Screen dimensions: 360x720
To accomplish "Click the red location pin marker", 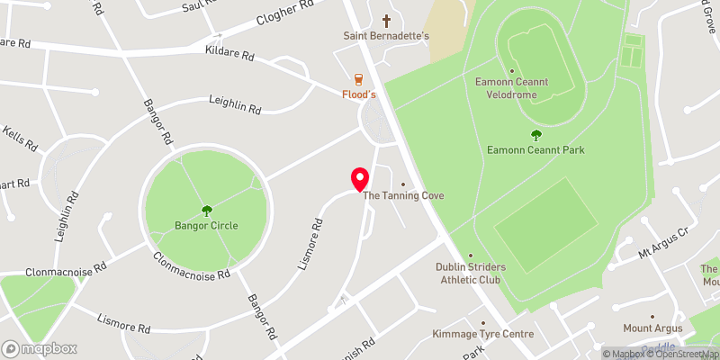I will (359, 179).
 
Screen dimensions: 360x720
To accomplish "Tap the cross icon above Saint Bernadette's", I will (387, 20).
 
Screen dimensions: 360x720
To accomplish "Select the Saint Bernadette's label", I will (387, 36).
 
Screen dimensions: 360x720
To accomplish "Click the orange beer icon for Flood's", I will (358, 78).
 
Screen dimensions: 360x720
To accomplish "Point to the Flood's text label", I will (358, 94).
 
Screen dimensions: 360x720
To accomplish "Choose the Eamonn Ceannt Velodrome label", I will (511, 88).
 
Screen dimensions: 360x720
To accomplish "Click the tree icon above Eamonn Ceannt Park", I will (536, 135).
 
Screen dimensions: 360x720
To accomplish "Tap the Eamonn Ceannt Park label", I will (536, 149).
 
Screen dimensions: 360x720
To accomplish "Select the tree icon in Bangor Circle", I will (207, 211).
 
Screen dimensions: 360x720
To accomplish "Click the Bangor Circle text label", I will (207, 225).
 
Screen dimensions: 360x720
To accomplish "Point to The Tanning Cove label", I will (403, 195).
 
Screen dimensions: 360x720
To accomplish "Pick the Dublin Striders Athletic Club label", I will (471, 273).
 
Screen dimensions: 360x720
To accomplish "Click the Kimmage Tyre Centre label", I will (483, 335).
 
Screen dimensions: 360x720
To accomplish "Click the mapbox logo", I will (40, 348).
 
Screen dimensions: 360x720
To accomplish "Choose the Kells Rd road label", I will (20, 139).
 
